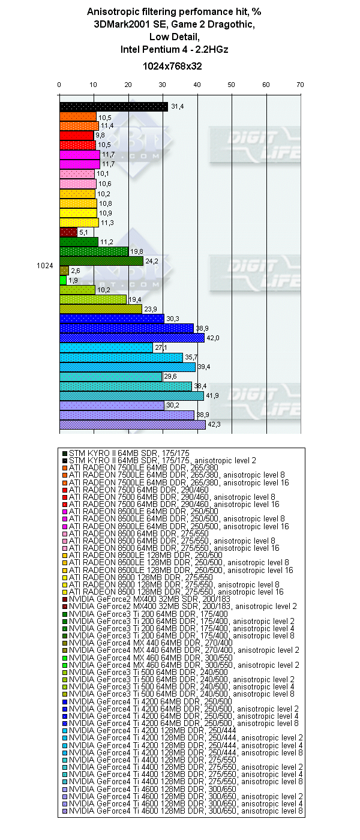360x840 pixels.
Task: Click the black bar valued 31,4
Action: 113,107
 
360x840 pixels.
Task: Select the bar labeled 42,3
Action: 132,425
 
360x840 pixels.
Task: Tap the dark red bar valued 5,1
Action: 68,232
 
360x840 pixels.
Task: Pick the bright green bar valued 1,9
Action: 62,280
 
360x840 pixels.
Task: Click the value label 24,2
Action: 151,262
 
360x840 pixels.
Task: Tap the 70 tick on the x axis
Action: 300,85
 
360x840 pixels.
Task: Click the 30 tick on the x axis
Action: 163,85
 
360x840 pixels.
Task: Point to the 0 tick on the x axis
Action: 59,85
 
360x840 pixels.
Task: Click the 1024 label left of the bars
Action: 44,266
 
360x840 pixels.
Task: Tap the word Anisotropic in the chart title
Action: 112,11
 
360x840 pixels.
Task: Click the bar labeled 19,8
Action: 94,251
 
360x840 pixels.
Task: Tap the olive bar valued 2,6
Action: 64,271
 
